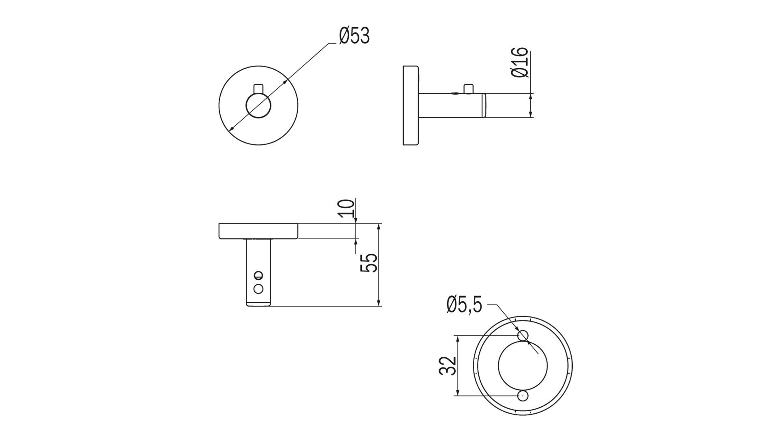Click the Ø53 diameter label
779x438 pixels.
pyautogui.click(x=354, y=36)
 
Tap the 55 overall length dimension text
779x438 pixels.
pyautogui.click(x=369, y=263)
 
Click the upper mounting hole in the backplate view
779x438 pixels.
pyautogui.click(x=523, y=336)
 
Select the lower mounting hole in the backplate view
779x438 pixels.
pyautogui.click(x=523, y=396)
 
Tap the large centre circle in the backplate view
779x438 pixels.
pyautogui.click(x=523, y=365)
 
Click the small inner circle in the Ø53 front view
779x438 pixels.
pyautogui.click(x=258, y=106)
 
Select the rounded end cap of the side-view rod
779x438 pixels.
pyautogui.click(x=484, y=106)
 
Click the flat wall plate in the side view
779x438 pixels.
pyautogui.click(x=410, y=105)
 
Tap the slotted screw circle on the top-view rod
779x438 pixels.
pyautogui.click(x=258, y=275)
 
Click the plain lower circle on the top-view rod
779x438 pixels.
pyautogui.click(x=258, y=289)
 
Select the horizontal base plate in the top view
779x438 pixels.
pyautogui.click(x=258, y=231)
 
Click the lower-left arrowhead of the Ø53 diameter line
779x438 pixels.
pyautogui.click(x=232, y=129)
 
